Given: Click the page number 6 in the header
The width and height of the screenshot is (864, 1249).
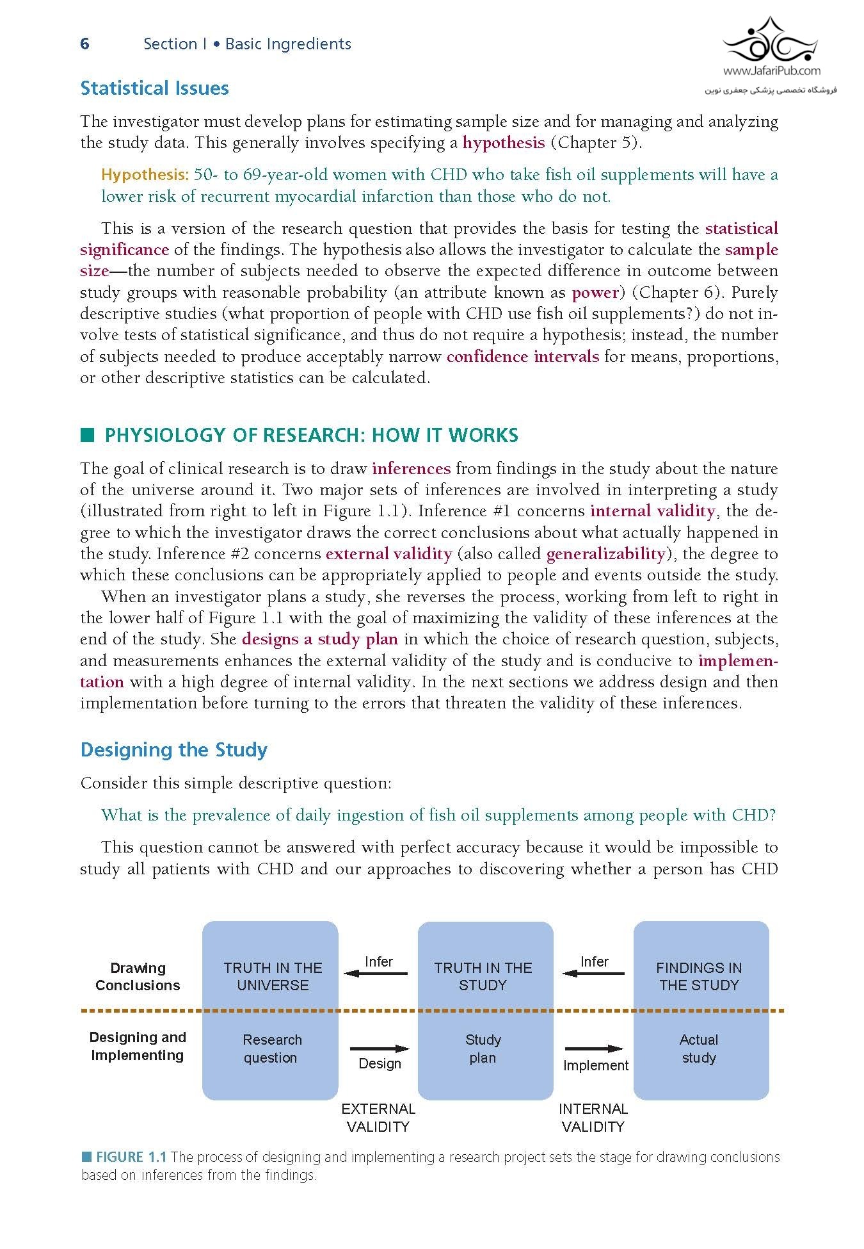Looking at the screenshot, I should (84, 44).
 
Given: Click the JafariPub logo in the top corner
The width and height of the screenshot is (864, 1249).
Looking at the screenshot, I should (771, 55).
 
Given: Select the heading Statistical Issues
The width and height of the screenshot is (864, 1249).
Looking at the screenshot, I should (154, 88).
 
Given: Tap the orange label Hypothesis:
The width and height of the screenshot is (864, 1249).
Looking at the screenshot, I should (145, 175).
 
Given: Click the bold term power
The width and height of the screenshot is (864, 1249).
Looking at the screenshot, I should (595, 293).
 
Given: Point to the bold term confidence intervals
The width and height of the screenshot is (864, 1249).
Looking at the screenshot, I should (522, 357).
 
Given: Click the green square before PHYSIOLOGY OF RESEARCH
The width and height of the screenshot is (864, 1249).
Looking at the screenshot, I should (88, 436).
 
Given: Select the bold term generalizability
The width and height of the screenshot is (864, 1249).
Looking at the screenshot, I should (606, 554).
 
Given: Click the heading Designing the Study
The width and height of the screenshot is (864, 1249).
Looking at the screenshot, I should (173, 750).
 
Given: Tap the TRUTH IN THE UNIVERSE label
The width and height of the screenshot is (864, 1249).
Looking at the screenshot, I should (273, 976).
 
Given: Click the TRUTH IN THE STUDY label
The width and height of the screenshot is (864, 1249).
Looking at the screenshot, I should (483, 976).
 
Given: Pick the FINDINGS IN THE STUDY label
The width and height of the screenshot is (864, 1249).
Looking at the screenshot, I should (699, 976).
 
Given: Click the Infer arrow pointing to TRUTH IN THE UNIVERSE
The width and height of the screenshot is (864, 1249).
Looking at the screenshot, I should (376, 974).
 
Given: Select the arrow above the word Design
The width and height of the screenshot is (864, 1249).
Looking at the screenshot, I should (380, 1049).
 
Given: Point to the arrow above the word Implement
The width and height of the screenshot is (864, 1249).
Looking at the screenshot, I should (594, 1049).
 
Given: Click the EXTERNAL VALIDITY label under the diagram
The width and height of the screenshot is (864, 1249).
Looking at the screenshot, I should (378, 1118).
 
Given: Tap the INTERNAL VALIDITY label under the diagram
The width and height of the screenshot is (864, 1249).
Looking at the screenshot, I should (593, 1118).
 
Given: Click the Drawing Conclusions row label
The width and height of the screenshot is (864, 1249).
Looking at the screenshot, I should (138, 976).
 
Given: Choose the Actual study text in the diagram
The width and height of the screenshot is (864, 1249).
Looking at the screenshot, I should (699, 1049).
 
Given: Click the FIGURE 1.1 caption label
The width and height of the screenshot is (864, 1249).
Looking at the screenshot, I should (131, 1157).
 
